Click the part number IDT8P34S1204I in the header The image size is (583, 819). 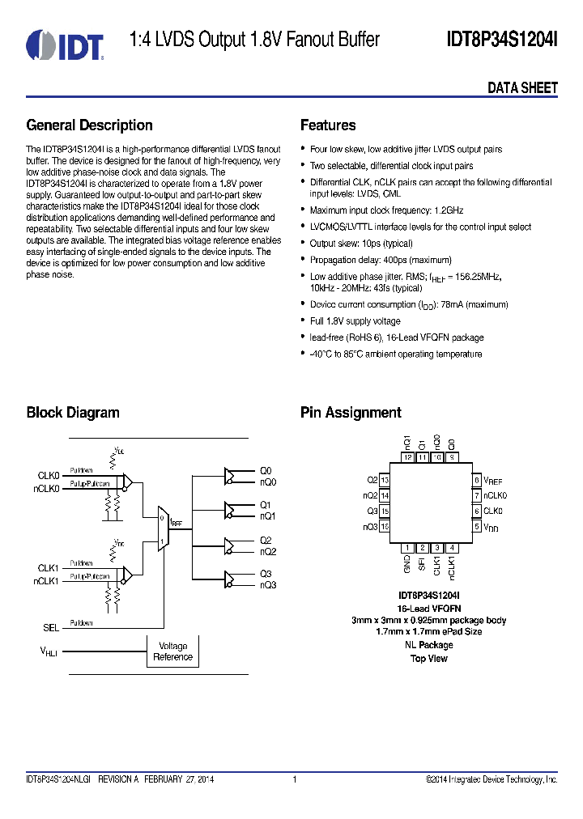tap(502, 40)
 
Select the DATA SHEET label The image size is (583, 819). tap(522, 88)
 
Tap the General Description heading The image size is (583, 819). tap(89, 125)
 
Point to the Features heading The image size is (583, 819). tap(328, 125)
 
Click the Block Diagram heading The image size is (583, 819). tap(73, 413)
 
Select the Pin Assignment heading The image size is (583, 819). tap(351, 413)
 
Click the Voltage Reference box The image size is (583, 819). tap(172, 651)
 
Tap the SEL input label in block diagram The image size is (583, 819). tap(51, 627)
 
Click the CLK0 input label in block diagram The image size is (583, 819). tap(49, 475)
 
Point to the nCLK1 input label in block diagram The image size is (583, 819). tap(47, 580)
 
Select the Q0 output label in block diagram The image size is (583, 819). tap(266, 470)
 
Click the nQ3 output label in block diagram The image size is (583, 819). tap(268, 584)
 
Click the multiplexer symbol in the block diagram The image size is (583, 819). tap(163, 530)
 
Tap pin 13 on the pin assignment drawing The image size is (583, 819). tap(385, 481)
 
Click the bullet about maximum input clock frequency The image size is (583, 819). tap(386, 210)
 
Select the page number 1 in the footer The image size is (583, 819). tap(295, 779)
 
